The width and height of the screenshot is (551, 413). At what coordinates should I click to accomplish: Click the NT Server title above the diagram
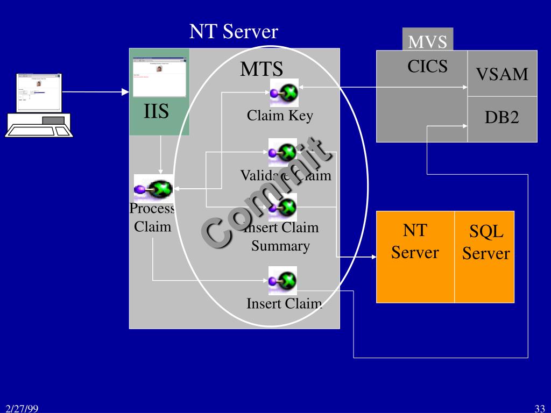(x=233, y=32)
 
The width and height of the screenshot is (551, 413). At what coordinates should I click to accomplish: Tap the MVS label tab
(x=428, y=41)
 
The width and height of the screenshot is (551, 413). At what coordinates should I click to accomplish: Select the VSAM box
(x=502, y=74)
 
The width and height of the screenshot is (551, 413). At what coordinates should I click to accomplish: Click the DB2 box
(x=502, y=118)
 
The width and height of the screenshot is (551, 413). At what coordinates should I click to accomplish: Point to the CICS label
(x=427, y=66)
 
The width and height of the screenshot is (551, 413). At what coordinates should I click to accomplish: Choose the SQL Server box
(x=485, y=243)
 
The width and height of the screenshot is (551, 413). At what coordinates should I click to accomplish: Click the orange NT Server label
(x=415, y=241)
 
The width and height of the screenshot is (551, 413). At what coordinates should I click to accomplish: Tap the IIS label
(x=156, y=112)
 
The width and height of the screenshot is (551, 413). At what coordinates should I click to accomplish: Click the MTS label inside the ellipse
(x=262, y=69)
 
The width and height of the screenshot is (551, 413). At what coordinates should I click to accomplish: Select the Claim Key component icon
(x=284, y=93)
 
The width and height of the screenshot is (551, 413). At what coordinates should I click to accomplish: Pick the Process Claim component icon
(x=153, y=188)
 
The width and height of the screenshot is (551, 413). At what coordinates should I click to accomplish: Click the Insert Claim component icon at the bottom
(x=282, y=280)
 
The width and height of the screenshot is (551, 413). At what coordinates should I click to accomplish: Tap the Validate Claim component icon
(x=282, y=153)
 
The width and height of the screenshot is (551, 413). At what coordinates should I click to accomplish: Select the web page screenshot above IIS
(x=159, y=76)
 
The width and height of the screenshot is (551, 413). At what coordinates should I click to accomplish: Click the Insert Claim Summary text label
(x=281, y=237)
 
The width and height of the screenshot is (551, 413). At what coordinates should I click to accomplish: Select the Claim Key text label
(x=280, y=116)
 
